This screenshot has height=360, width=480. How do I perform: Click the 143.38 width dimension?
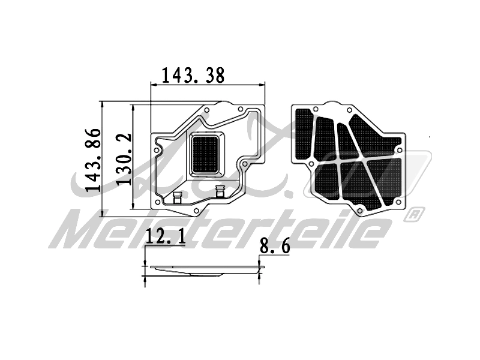(x=193, y=75)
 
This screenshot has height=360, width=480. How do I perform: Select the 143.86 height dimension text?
(x=93, y=159)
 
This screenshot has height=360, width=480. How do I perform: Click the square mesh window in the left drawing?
(x=205, y=154)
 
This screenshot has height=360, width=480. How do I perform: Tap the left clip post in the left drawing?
(x=176, y=197)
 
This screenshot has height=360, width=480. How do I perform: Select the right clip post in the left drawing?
(x=220, y=193)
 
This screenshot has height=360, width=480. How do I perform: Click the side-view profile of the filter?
(x=204, y=271)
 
